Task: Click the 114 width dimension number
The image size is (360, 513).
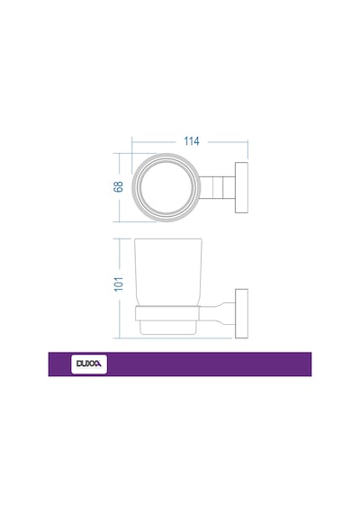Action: pyautogui.click(x=192, y=141)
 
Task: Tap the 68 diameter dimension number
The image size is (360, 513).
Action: pyautogui.click(x=119, y=186)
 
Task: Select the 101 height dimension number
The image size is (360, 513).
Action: pyautogui.click(x=119, y=284)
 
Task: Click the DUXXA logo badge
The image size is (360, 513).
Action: pyautogui.click(x=89, y=364)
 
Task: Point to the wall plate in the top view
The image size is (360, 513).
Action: pyautogui.click(x=241, y=187)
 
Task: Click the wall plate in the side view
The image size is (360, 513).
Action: pyautogui.click(x=241, y=313)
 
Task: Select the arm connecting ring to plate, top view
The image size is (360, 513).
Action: pyautogui.click(x=217, y=187)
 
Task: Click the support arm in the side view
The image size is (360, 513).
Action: pyautogui.click(x=217, y=314)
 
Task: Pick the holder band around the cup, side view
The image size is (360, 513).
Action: pyautogui.click(x=167, y=313)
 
